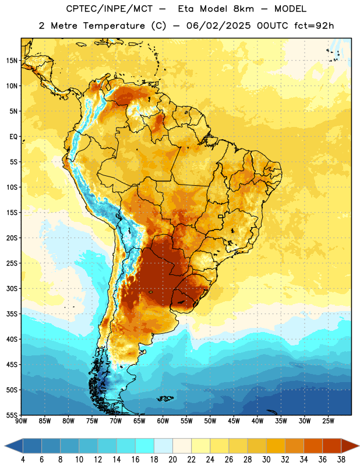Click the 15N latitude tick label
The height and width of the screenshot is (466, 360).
12,61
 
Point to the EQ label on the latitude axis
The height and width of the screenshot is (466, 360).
13,137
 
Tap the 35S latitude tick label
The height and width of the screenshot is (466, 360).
12,314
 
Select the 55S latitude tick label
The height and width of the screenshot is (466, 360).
12,415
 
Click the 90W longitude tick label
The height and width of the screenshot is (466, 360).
21,421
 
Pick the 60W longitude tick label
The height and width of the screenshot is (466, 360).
163,421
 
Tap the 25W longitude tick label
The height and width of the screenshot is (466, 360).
328,421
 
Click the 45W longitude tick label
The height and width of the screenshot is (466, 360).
234,421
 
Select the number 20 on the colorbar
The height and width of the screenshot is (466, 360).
172,460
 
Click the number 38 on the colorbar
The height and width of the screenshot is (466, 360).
341,460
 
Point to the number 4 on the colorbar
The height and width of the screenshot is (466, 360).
23,460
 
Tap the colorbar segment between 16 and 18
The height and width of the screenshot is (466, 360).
144,446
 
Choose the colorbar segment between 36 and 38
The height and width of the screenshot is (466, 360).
332,446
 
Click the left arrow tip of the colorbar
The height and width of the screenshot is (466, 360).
5,446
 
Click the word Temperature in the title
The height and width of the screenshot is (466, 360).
114,26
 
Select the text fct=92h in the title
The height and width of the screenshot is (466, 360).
314,26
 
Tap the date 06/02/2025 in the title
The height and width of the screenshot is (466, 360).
218,26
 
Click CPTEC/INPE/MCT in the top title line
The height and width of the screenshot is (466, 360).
110,9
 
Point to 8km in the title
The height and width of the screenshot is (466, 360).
243,9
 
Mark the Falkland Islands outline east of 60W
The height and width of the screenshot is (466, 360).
165,398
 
